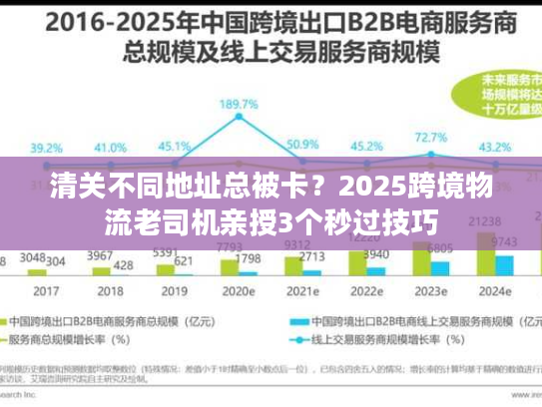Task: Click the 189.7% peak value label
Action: point(241,105)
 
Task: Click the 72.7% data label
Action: point(430,138)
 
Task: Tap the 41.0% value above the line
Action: point(110,147)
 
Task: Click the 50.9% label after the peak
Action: point(301,145)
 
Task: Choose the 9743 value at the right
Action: point(504,242)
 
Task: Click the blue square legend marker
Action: point(296,322)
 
